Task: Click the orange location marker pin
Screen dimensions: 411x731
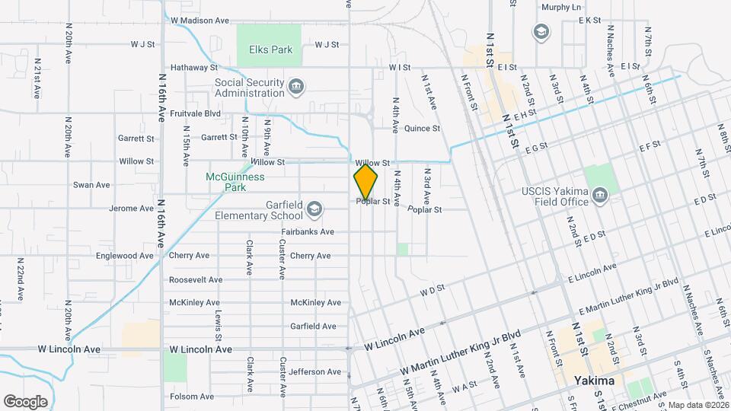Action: (365, 183)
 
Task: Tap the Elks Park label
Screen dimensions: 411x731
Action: (270, 49)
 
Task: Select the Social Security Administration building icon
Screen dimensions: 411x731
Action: (296, 88)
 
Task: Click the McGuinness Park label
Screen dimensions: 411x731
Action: (235, 181)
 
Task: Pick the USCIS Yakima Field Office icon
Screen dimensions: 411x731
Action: (600, 196)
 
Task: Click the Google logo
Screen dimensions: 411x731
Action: (25, 401)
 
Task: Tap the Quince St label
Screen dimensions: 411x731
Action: (422, 129)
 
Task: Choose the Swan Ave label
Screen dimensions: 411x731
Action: (91, 185)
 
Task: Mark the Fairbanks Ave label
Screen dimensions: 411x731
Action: (307, 231)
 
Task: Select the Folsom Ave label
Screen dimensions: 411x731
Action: (191, 397)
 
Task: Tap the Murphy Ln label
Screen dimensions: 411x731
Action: (560, 7)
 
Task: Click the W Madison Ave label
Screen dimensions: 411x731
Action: (200, 21)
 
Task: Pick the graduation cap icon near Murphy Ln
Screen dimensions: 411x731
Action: (540, 31)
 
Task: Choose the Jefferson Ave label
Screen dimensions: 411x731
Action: (314, 372)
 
